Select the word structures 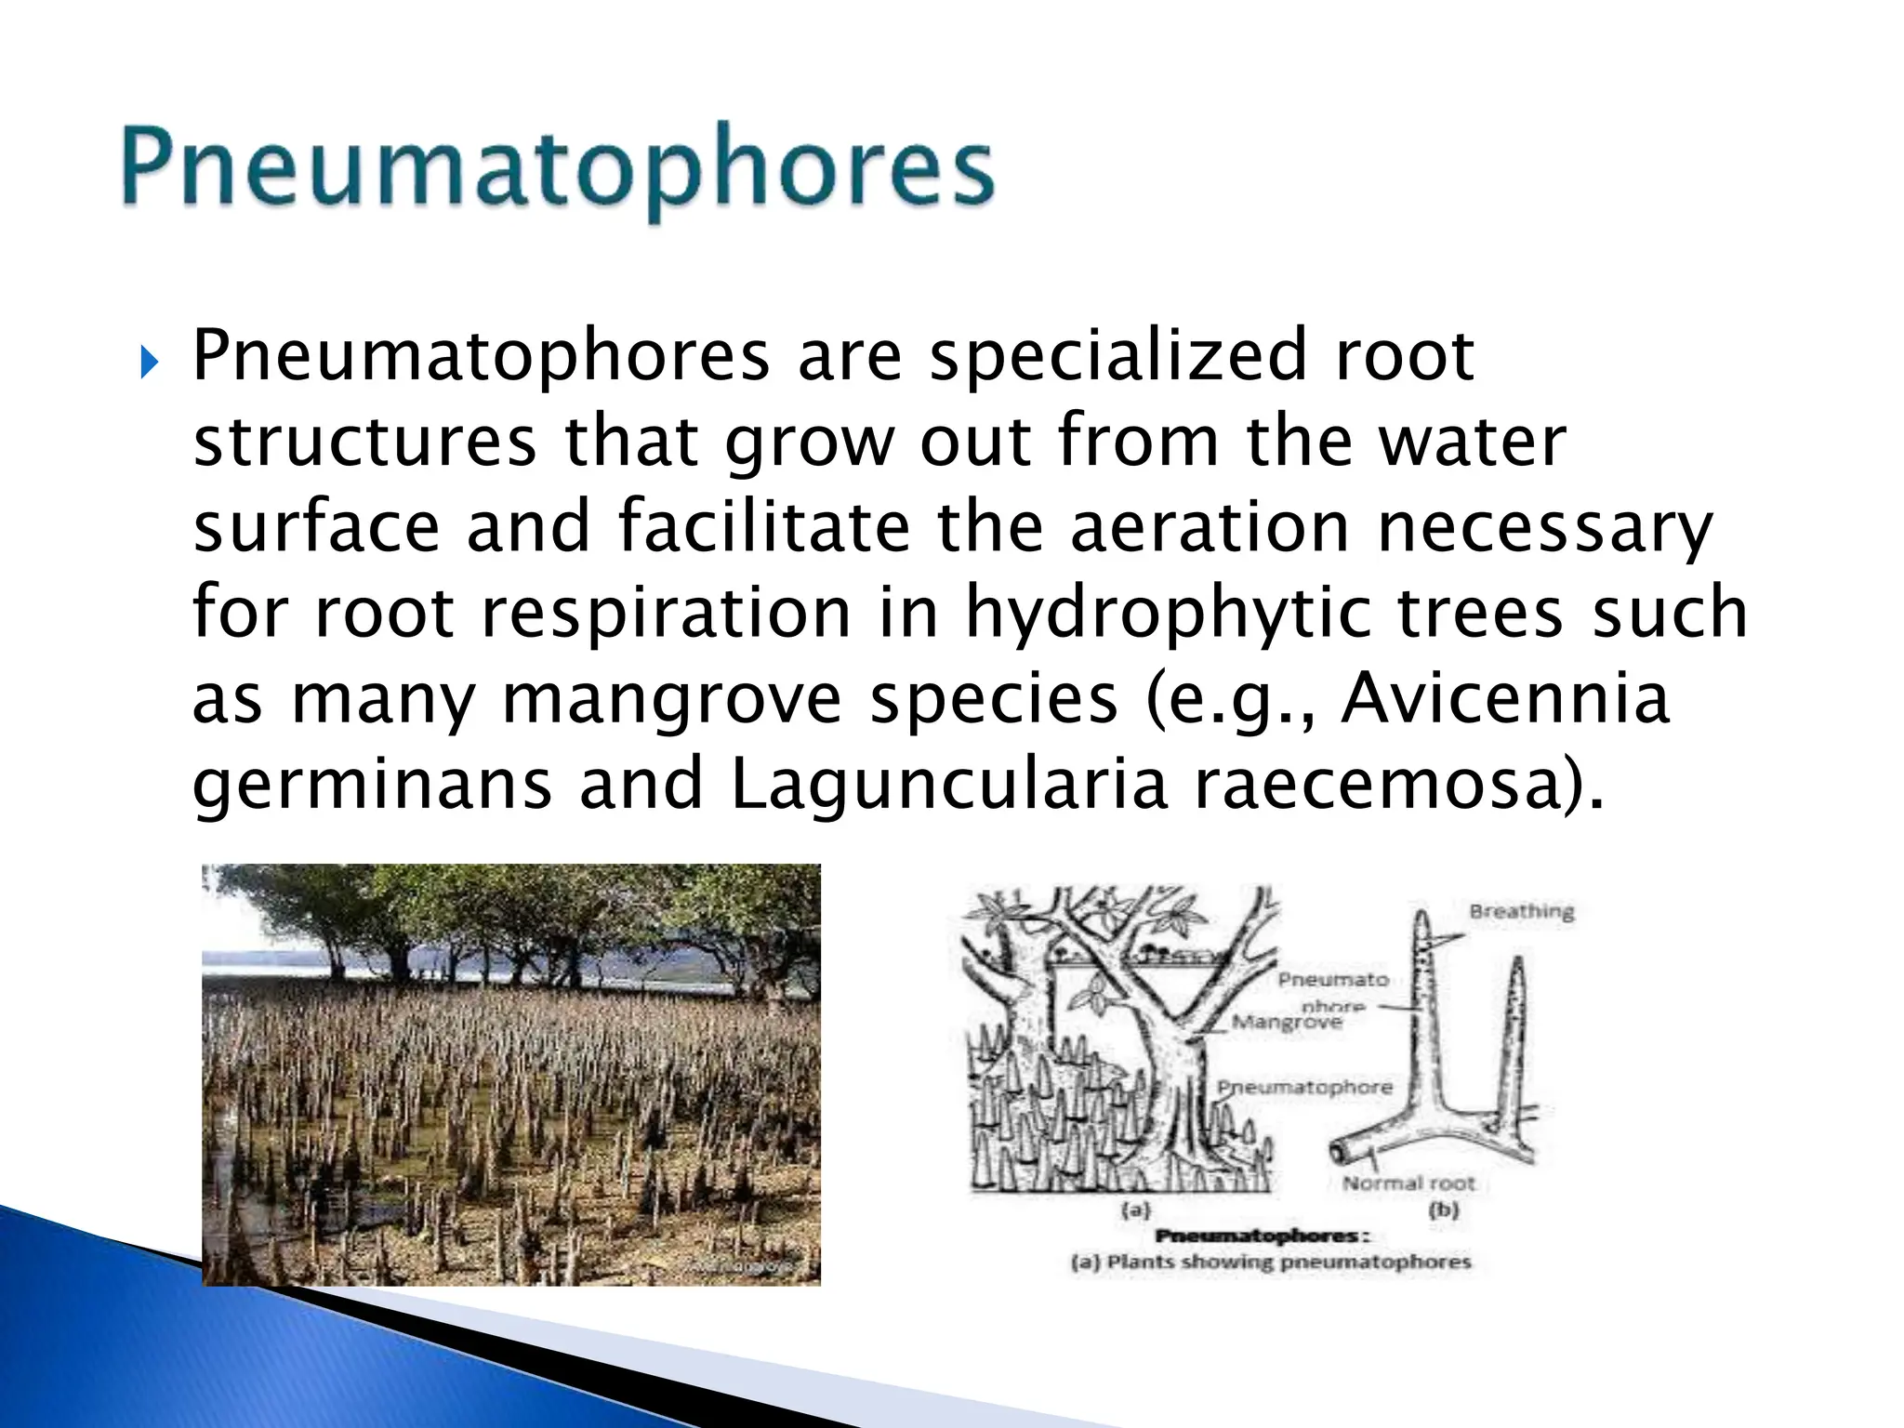364,442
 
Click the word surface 316,527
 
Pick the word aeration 1210,527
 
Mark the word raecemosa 1376,785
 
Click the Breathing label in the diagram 1522,911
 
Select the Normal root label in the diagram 1408,1183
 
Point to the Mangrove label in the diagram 1288,1023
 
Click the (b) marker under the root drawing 1444,1210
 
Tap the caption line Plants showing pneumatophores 1271,1263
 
